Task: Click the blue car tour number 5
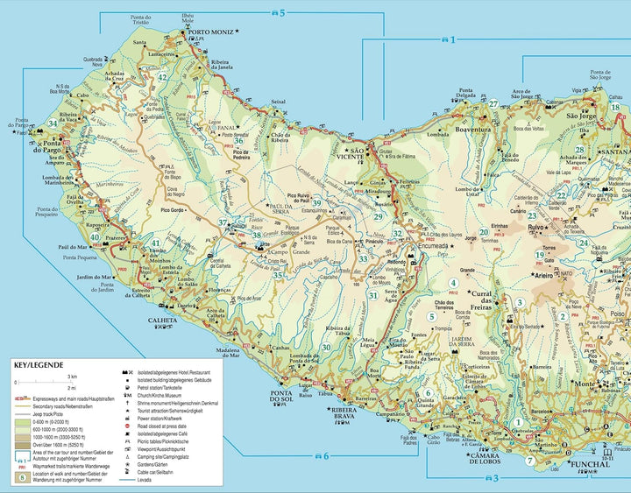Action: click(282, 12)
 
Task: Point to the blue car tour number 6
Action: click(326, 456)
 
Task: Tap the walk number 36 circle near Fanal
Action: click(238, 139)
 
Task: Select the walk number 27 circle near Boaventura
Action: click(493, 104)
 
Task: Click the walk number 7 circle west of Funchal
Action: click(529, 461)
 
